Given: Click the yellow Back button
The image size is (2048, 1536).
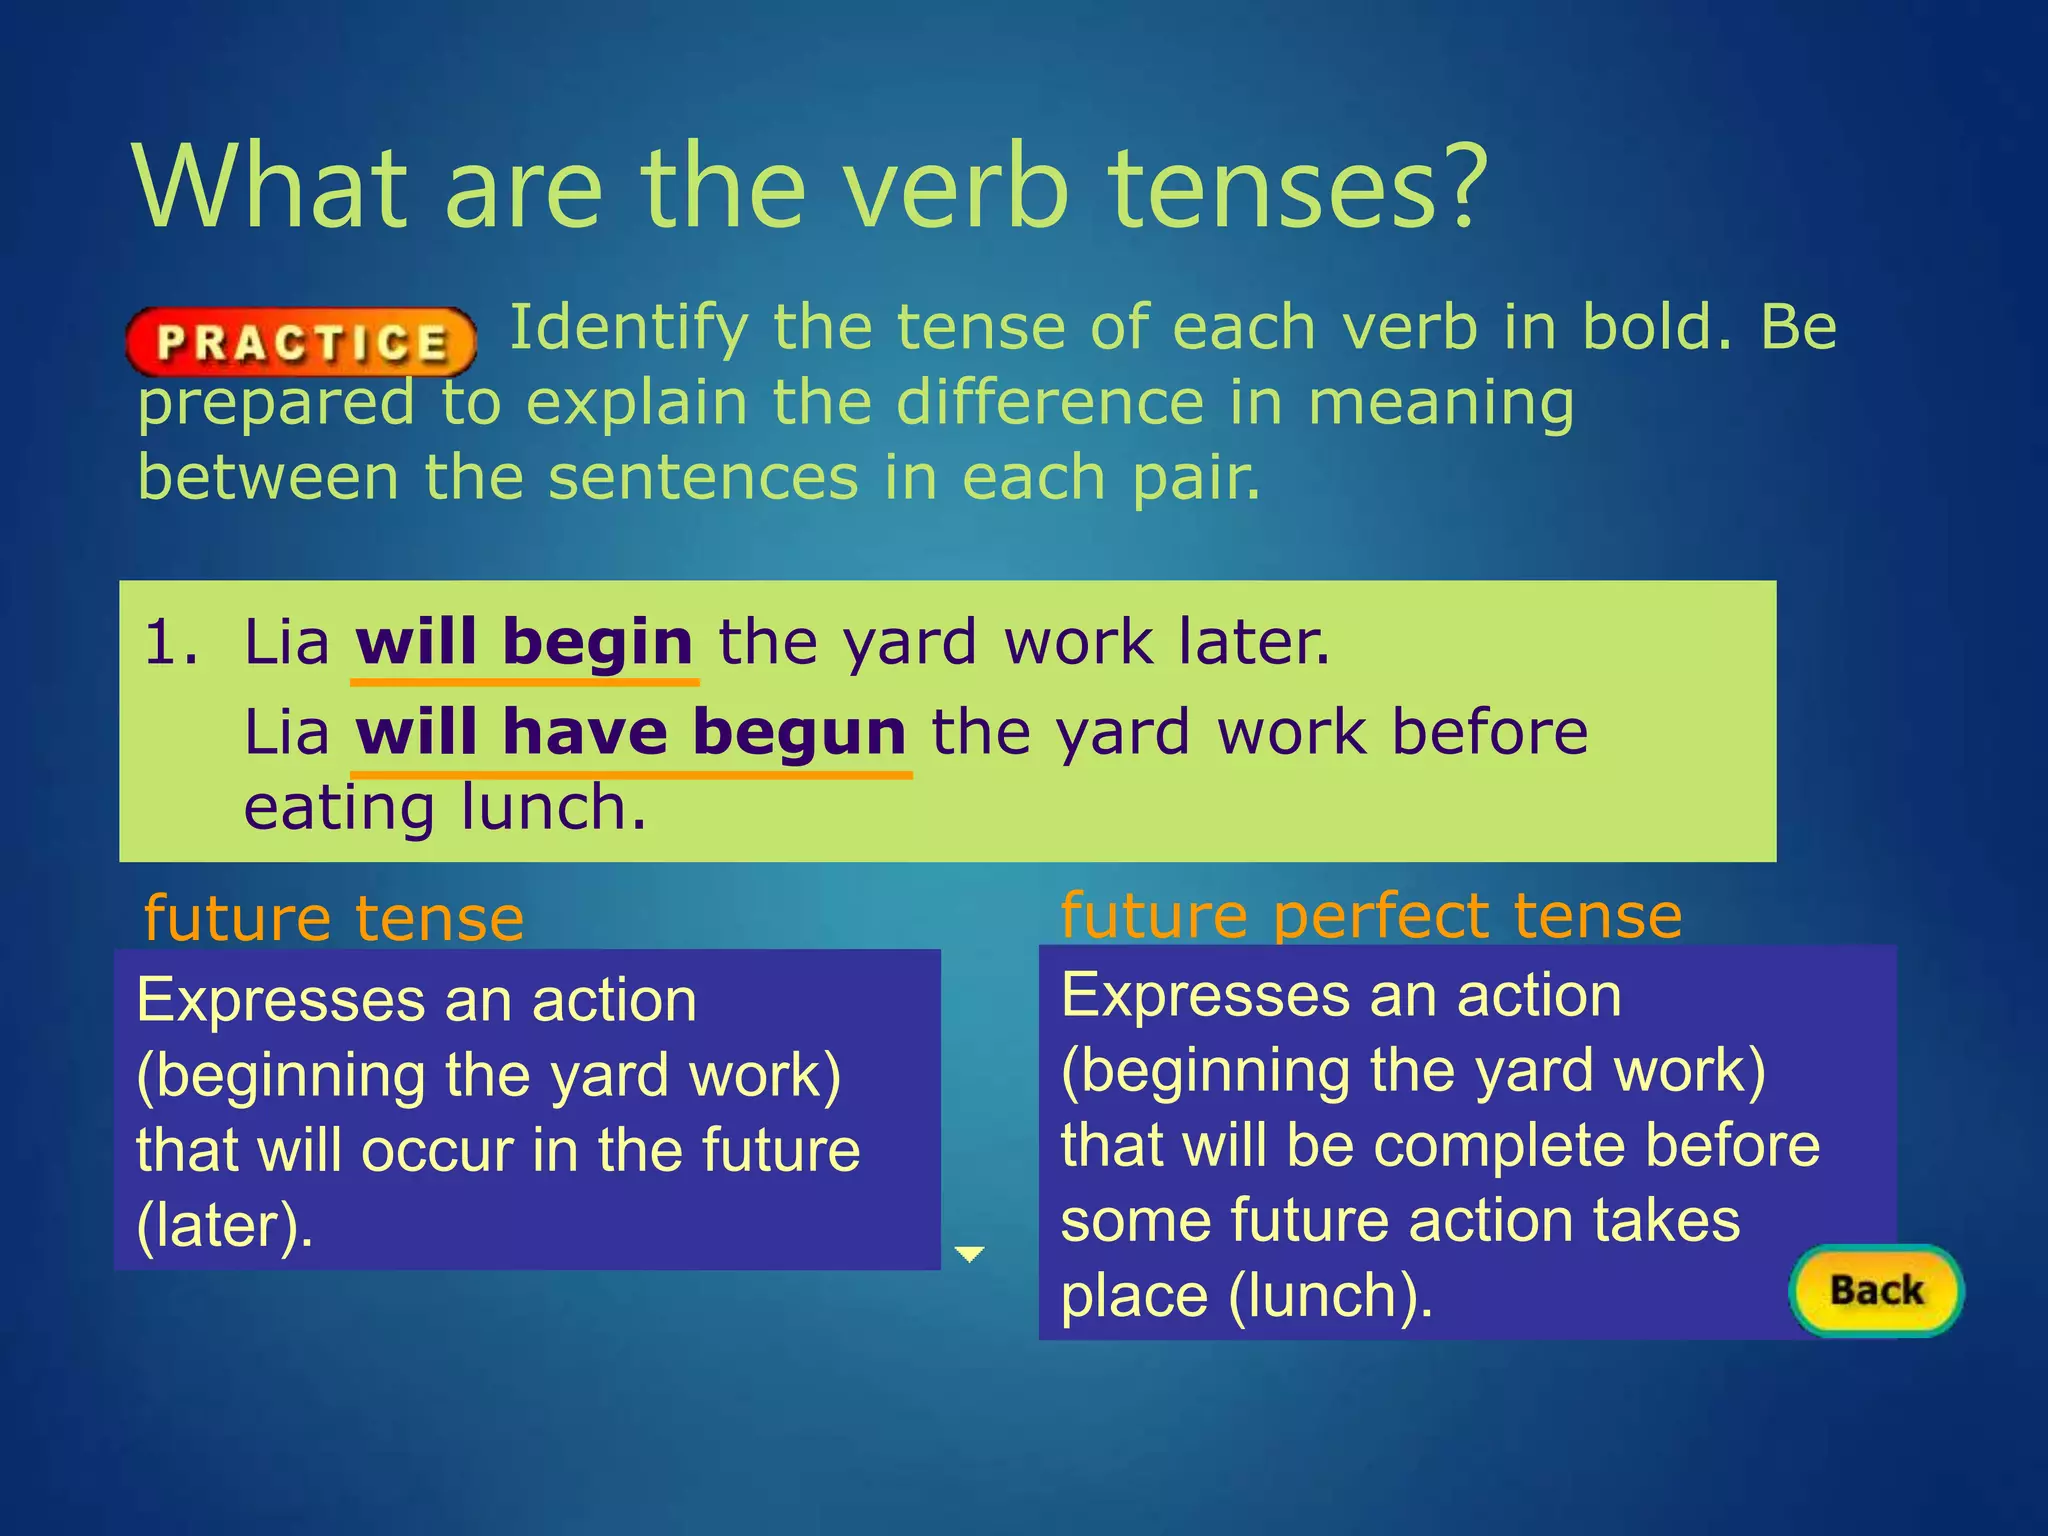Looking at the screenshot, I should tap(1876, 1290).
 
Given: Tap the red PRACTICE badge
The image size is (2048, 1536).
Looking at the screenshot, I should tap(301, 342).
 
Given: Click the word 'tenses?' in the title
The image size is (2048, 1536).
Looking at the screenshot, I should tap(1299, 187).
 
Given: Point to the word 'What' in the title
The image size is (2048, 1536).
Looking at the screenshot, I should tap(271, 187).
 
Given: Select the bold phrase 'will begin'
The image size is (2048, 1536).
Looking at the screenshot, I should tap(524, 642).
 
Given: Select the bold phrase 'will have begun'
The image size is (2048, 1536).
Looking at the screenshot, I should tap(631, 732).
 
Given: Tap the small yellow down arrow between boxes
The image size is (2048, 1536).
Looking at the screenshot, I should tap(969, 1254).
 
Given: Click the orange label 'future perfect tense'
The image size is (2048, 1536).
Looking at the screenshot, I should tap(1371, 915).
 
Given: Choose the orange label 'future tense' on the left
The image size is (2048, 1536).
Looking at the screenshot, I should tap(334, 918).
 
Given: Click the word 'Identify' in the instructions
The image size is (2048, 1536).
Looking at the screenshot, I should tap(629, 328).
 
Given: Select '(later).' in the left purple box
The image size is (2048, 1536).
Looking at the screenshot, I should tap(225, 1225).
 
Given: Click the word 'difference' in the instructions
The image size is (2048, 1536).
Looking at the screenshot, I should tap(1050, 403).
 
